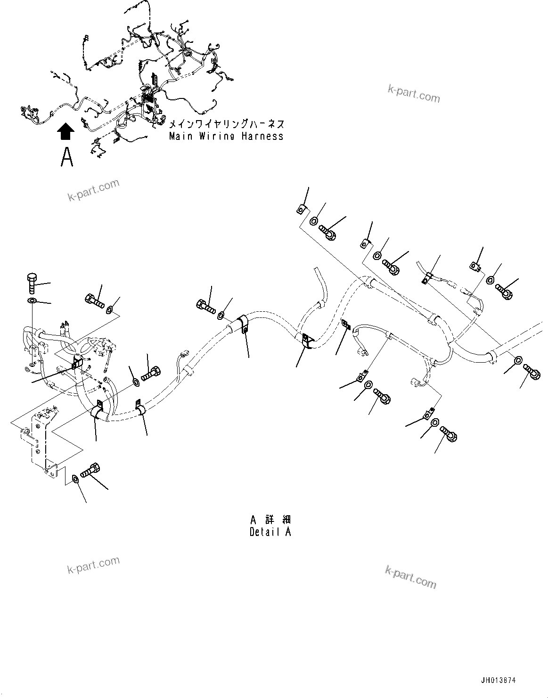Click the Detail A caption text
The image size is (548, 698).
(270, 532)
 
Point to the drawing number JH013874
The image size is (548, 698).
(499, 680)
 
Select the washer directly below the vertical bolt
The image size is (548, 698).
(32, 301)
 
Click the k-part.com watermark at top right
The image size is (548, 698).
(414, 94)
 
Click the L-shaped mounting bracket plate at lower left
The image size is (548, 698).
(42, 438)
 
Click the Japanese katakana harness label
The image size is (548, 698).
(226, 124)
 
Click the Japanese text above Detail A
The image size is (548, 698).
(270, 519)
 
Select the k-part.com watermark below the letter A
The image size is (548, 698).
(93, 190)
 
